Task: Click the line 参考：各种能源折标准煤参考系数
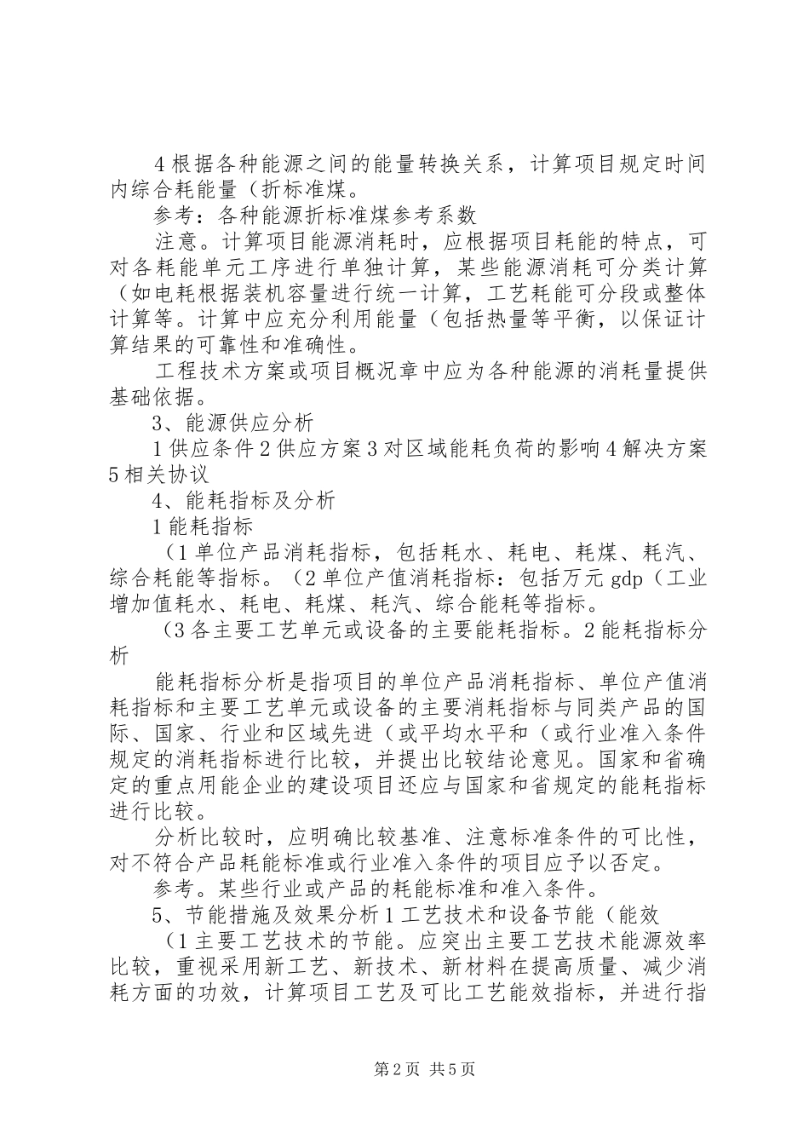315,214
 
